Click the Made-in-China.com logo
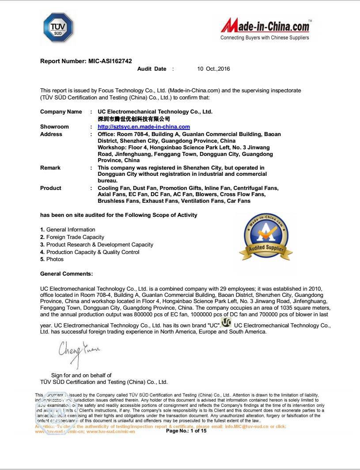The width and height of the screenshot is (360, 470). coord(265,26)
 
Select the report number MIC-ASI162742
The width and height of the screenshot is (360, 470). coord(86,61)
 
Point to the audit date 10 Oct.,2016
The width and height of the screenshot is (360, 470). coord(213,69)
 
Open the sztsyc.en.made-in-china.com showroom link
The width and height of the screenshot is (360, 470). coord(144,127)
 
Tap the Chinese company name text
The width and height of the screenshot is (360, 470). coord(134,119)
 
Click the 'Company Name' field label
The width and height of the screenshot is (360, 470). coord(61,112)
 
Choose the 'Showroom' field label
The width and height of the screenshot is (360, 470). coord(54,127)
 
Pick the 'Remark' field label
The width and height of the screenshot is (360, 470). coord(50,168)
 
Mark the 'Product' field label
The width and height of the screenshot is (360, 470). coord(51,188)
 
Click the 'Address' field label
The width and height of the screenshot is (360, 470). coord(51,134)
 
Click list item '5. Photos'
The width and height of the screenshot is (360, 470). coord(52,259)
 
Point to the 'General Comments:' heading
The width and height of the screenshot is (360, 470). coord(66,274)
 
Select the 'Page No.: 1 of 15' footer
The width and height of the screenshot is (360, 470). coord(186,431)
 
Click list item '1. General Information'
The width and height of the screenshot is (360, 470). coord(68,230)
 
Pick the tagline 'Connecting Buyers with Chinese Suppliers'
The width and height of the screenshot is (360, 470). coord(265,38)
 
